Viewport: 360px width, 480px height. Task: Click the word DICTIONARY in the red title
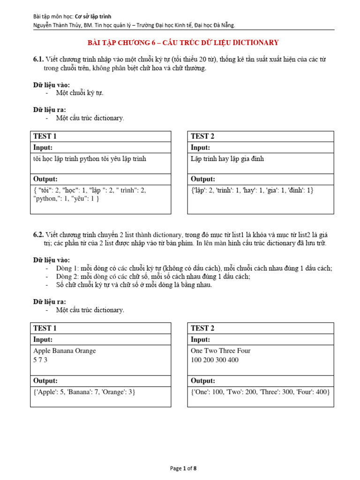[x=253, y=43]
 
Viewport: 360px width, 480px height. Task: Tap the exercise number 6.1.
[x=38, y=59]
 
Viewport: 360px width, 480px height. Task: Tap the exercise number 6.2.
[x=38, y=234]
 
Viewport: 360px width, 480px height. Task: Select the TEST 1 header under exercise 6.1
[x=45, y=136]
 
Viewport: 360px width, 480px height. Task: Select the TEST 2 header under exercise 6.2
[x=202, y=328]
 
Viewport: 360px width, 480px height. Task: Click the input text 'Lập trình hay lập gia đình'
[x=227, y=159]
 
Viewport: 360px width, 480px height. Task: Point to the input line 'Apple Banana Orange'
[x=64, y=351]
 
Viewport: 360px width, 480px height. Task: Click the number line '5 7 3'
[x=40, y=360]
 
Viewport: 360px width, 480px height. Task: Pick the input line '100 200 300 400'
[x=214, y=360]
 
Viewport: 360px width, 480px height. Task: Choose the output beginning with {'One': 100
[x=260, y=392]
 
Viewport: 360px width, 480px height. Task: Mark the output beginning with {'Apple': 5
[x=84, y=392]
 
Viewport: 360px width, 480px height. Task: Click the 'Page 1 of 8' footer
[x=183, y=468]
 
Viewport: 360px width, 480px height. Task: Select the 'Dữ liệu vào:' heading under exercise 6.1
[x=51, y=85]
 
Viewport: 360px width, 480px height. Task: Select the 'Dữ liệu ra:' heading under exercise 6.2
[x=49, y=302]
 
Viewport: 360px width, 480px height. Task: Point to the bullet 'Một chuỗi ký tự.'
[x=80, y=93]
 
